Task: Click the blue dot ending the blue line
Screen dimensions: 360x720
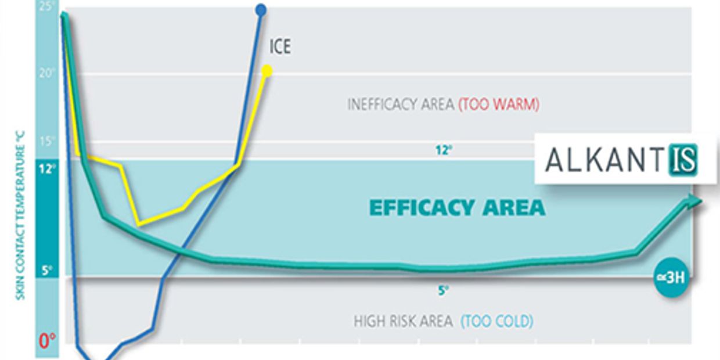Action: tap(261, 9)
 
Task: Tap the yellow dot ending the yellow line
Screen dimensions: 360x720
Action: tap(267, 71)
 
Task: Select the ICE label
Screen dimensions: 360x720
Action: tap(280, 47)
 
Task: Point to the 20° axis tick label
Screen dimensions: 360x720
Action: tap(46, 73)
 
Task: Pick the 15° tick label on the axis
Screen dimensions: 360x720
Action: tap(46, 141)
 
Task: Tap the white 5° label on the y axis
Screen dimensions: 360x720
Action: tap(47, 269)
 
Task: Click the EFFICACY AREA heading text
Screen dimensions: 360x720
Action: tap(457, 207)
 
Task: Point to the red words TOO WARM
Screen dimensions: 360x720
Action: tap(499, 105)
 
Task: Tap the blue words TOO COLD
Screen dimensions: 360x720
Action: tap(497, 321)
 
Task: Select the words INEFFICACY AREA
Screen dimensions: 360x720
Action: tap(400, 105)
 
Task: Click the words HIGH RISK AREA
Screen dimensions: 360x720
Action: tap(403, 321)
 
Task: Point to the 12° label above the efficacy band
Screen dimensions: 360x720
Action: tap(444, 150)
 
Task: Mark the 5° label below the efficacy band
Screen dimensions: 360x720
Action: tap(443, 291)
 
